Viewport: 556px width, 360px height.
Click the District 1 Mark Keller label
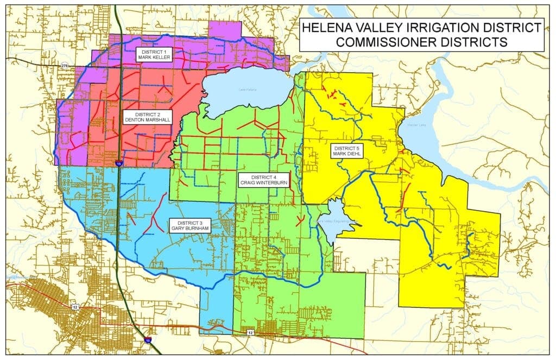point(153,54)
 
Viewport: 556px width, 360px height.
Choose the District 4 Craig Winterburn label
point(263,181)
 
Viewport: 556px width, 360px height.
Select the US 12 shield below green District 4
point(250,331)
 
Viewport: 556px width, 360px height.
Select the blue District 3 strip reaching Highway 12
point(216,307)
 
